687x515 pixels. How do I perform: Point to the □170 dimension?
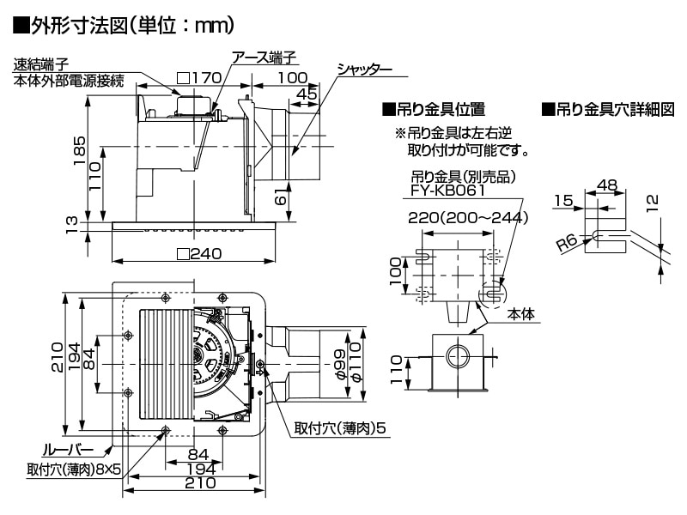199,78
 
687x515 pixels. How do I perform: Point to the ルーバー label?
62,449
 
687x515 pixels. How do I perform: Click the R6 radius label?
568,244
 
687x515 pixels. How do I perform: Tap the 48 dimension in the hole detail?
607,184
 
